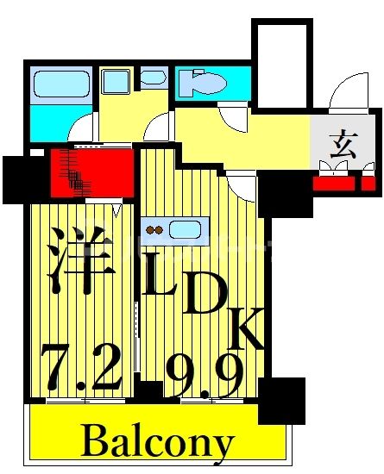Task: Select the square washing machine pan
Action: [115, 82]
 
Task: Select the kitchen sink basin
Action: [186, 230]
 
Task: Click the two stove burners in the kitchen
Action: [156, 230]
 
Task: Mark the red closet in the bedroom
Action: [91, 172]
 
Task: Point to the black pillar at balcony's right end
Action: [281, 401]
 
